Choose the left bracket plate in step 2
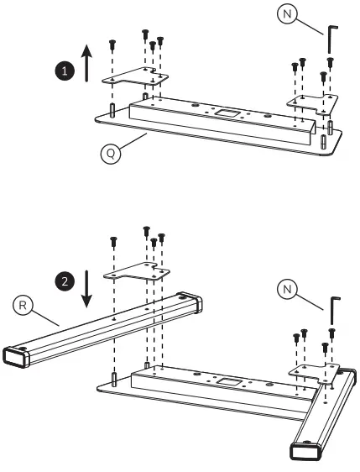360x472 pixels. pyautogui.click(x=135, y=270)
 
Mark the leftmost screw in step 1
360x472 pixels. pyautogui.click(x=112, y=44)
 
